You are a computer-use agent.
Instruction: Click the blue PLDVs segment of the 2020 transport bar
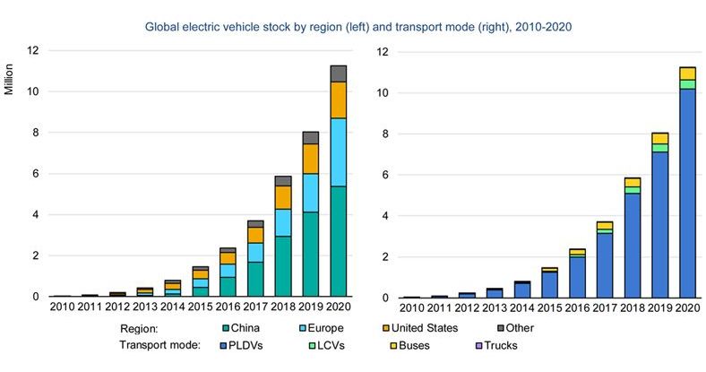(687, 193)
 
